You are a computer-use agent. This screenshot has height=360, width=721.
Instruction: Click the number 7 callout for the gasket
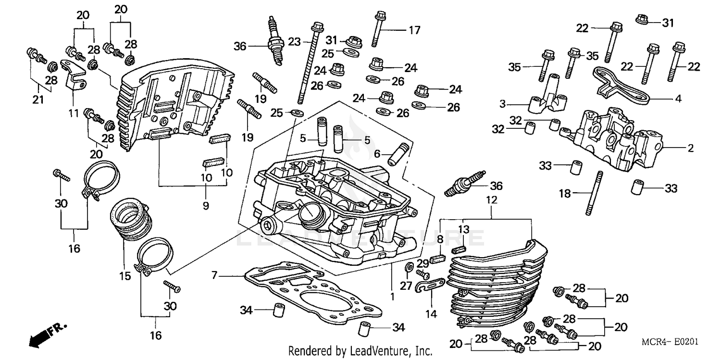[214, 275]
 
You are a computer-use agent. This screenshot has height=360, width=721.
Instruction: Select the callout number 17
[414, 30]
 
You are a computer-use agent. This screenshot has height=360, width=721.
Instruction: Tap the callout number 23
[294, 41]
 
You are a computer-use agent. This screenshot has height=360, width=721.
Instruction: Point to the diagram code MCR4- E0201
[670, 342]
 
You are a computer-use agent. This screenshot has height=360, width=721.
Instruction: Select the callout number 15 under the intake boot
[125, 276]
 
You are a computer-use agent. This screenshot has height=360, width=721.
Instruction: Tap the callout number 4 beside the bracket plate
[678, 99]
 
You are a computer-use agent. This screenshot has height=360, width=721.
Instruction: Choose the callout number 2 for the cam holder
[690, 149]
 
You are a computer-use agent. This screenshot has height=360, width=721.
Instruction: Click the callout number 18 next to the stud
[565, 194]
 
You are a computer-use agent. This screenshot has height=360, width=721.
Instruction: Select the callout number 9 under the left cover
[206, 206]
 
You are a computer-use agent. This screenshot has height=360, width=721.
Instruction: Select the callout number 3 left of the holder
[502, 103]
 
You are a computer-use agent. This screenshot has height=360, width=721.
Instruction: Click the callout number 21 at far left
[38, 100]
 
